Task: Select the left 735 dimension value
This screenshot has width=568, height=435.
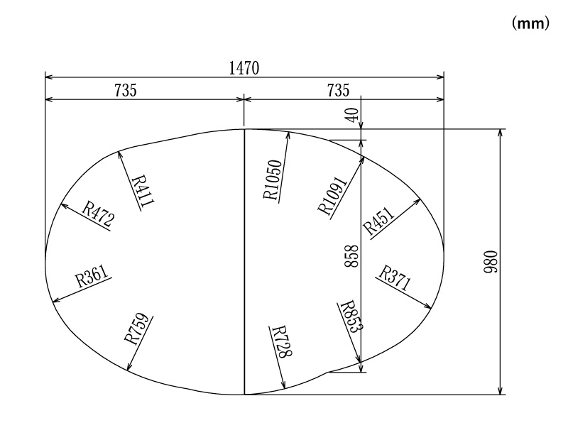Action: (x=126, y=90)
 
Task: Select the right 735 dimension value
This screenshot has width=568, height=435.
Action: (x=339, y=90)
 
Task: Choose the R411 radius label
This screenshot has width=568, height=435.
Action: (x=142, y=189)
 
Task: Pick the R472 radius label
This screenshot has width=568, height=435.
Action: (x=98, y=214)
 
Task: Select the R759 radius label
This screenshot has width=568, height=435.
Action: (x=137, y=329)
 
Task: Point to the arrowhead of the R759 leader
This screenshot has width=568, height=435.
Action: (x=128, y=369)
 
